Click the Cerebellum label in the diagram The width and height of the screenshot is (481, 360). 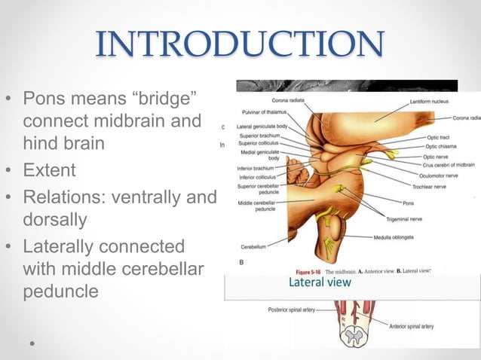(258, 246)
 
